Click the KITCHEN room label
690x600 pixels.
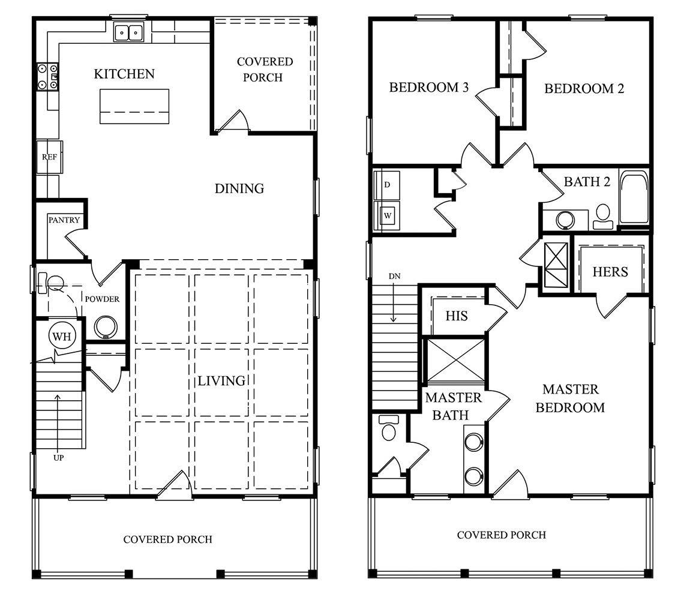point(124,74)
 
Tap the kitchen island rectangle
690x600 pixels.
point(134,106)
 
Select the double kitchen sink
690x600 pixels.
point(128,32)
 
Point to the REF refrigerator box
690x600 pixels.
point(49,157)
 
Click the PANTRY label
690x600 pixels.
point(64,220)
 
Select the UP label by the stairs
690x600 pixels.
point(59,458)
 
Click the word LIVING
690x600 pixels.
point(221,380)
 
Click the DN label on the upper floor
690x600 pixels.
point(394,277)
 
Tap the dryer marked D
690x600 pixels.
point(387,185)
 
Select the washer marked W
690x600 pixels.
point(388,215)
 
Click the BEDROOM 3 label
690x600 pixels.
point(428,88)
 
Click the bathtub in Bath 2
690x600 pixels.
point(634,197)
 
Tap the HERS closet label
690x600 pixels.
point(610,271)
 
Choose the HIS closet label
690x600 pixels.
point(457,316)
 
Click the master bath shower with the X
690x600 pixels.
point(454,360)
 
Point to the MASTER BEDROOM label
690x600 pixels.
point(570,398)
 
